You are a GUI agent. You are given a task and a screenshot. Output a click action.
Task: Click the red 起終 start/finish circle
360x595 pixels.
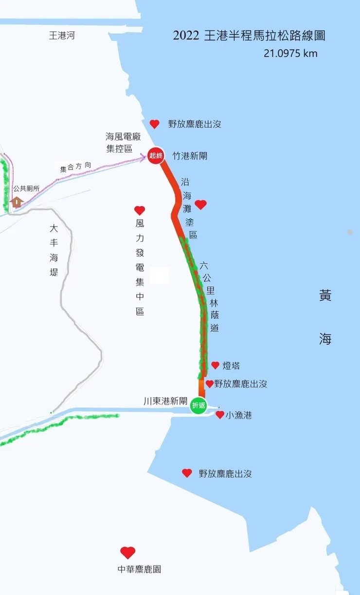coord(156,156)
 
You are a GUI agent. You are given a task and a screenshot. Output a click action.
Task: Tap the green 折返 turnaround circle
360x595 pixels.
coord(198,405)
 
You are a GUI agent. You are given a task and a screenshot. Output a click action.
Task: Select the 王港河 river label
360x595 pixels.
coord(62,35)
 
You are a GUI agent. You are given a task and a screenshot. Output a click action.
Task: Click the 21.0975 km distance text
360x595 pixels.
coord(290,53)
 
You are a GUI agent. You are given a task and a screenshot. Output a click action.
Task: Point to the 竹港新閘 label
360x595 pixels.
coord(190,156)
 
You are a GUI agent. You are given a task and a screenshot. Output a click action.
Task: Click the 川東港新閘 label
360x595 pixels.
coord(165,402)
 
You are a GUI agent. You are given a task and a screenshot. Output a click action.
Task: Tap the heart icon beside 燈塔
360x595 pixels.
coord(215,366)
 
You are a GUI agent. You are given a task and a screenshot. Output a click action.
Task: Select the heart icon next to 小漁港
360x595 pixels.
coord(220,415)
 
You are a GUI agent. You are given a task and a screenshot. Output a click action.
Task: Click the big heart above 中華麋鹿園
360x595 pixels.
coord(128,553)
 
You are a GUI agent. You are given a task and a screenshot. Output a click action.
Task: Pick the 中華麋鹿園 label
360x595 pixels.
coord(140,569)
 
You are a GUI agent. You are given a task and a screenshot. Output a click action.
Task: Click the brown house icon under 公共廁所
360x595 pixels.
coord(18,201)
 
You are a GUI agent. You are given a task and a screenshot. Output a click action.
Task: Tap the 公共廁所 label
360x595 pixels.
coord(26,189)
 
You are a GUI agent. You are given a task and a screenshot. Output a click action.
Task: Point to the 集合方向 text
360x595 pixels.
coord(75,168)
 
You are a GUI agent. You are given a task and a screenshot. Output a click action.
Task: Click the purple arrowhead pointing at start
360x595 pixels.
coord(145,156)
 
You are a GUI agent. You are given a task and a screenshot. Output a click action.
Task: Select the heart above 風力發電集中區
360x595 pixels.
coord(140,210)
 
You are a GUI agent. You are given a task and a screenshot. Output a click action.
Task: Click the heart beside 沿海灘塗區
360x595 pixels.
coord(200,205)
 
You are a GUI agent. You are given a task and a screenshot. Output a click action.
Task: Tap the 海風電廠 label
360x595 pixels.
coord(123,137)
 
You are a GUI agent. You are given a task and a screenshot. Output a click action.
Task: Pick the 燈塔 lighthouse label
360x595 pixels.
coord(231,366)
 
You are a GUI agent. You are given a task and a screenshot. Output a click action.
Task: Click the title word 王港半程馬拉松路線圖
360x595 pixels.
coord(263,35)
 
